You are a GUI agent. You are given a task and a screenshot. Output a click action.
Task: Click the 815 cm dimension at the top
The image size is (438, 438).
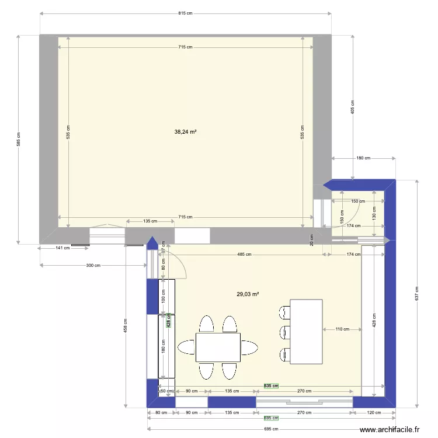pos(185,13)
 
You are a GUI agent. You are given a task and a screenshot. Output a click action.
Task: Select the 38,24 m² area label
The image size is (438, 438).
pos(185,132)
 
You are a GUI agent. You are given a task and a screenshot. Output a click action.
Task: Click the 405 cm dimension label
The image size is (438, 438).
pos(353,107)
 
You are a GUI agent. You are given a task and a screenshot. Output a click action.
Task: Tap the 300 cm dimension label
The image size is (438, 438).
pos(93,265)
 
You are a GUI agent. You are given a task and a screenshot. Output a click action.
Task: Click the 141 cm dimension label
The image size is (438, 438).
pos(62,248)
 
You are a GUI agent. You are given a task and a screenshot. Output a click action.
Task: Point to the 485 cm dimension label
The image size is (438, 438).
pos(244,255)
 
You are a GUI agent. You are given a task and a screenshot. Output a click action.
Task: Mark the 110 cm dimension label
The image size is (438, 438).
pos(342,329)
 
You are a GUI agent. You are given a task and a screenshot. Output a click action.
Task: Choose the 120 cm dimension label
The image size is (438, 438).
pos(374,413)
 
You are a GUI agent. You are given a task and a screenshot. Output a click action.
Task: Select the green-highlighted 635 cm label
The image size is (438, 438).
pos(270,385)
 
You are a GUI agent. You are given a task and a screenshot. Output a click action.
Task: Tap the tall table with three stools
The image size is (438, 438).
pos(306,332)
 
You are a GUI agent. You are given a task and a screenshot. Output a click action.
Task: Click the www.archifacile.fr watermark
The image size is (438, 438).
pos(390,430)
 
